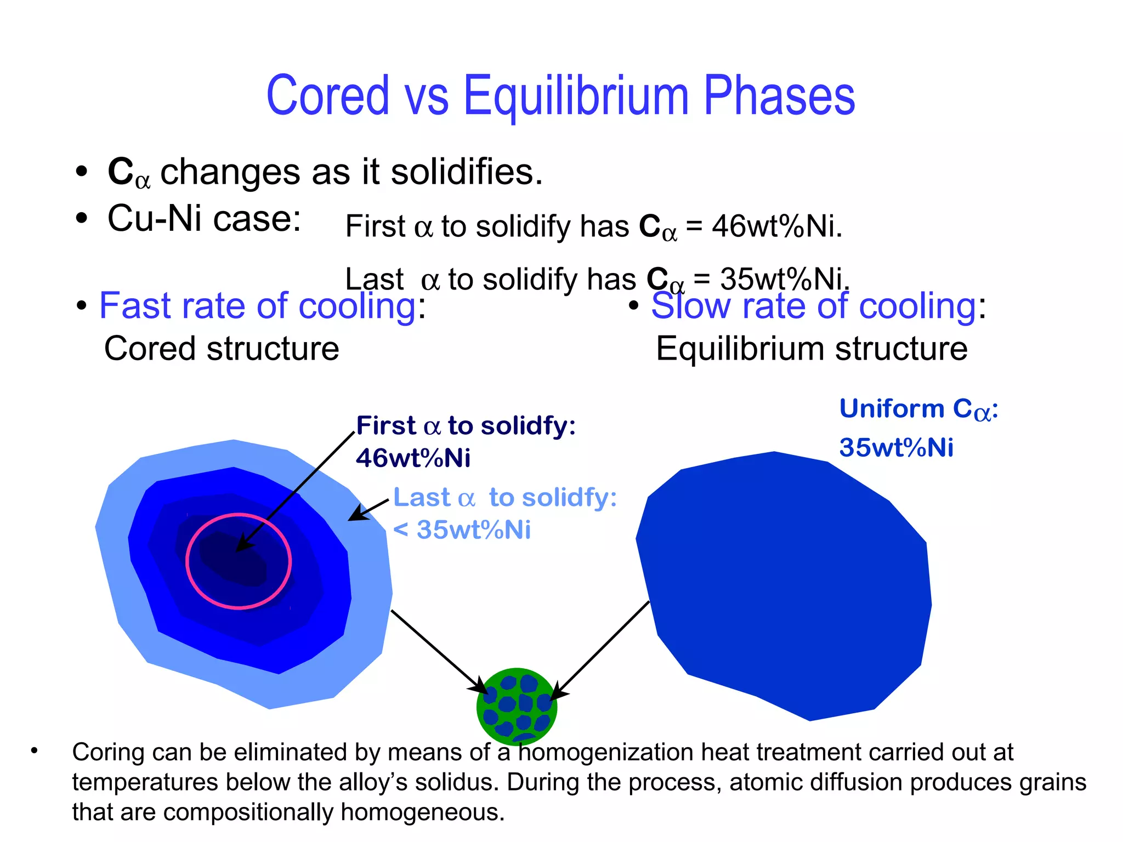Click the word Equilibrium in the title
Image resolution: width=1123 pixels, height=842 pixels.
pos(576,96)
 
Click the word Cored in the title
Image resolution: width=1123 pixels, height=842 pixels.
pos(327,96)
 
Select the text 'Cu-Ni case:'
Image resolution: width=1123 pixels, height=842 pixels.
pos(204,219)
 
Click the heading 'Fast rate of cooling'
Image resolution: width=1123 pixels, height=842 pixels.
pos(257,306)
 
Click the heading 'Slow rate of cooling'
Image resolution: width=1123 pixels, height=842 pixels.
pos(814,306)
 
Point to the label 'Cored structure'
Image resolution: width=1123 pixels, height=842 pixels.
pos(222,349)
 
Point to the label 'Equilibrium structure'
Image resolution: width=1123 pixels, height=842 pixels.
pos(812,349)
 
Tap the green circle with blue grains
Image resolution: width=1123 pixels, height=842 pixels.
pos(517,706)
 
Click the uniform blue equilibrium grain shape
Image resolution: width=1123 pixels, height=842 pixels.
pos(784,587)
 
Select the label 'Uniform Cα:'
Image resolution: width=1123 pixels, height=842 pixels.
pos(918,409)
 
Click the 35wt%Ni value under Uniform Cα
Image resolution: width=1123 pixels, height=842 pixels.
pos(896,448)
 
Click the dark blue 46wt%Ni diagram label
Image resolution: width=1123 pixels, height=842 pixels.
pos(413,458)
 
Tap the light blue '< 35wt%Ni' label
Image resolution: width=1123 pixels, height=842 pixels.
pos(462,530)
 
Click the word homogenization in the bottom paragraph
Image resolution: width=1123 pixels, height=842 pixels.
pos(605,752)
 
